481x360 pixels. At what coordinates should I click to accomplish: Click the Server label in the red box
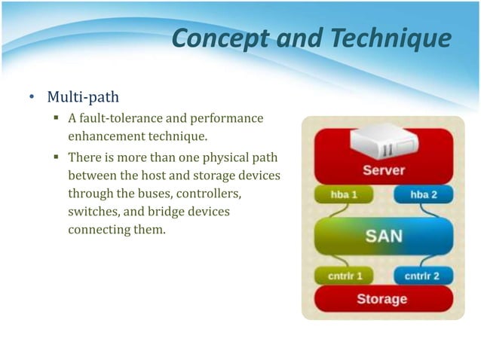383,170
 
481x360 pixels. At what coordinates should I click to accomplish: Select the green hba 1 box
345,194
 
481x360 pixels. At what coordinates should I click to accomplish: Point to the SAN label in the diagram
383,236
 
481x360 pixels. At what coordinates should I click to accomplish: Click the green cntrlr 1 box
346,276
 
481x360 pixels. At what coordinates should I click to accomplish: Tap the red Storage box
382,299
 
